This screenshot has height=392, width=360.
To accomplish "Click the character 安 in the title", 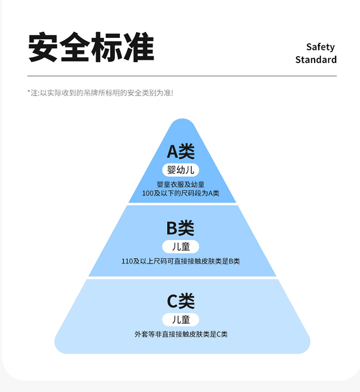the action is click(x=43, y=48).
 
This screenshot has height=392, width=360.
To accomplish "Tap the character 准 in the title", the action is click(x=138, y=48).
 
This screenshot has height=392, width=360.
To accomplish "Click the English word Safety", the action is click(x=320, y=47).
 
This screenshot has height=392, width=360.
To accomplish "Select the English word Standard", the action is click(x=316, y=60).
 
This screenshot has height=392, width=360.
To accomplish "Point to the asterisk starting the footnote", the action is click(x=29, y=92).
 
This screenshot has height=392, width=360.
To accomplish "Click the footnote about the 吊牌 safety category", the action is click(x=100, y=92).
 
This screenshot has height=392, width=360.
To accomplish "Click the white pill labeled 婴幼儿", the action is click(x=180, y=170).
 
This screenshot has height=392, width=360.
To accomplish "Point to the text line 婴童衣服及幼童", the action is click(x=180, y=184).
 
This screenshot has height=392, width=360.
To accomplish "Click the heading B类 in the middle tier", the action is click(x=180, y=228).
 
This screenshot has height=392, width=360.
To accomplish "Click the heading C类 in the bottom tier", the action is click(x=180, y=301).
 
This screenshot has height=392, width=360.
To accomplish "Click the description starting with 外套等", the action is click(x=180, y=334).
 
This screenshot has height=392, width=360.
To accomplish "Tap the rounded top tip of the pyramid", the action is click(x=182, y=123).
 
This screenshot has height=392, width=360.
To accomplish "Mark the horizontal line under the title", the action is click(x=182, y=76).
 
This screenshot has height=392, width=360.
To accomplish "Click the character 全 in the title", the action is click(x=75, y=48).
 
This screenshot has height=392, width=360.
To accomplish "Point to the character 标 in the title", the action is click(x=107, y=48).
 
